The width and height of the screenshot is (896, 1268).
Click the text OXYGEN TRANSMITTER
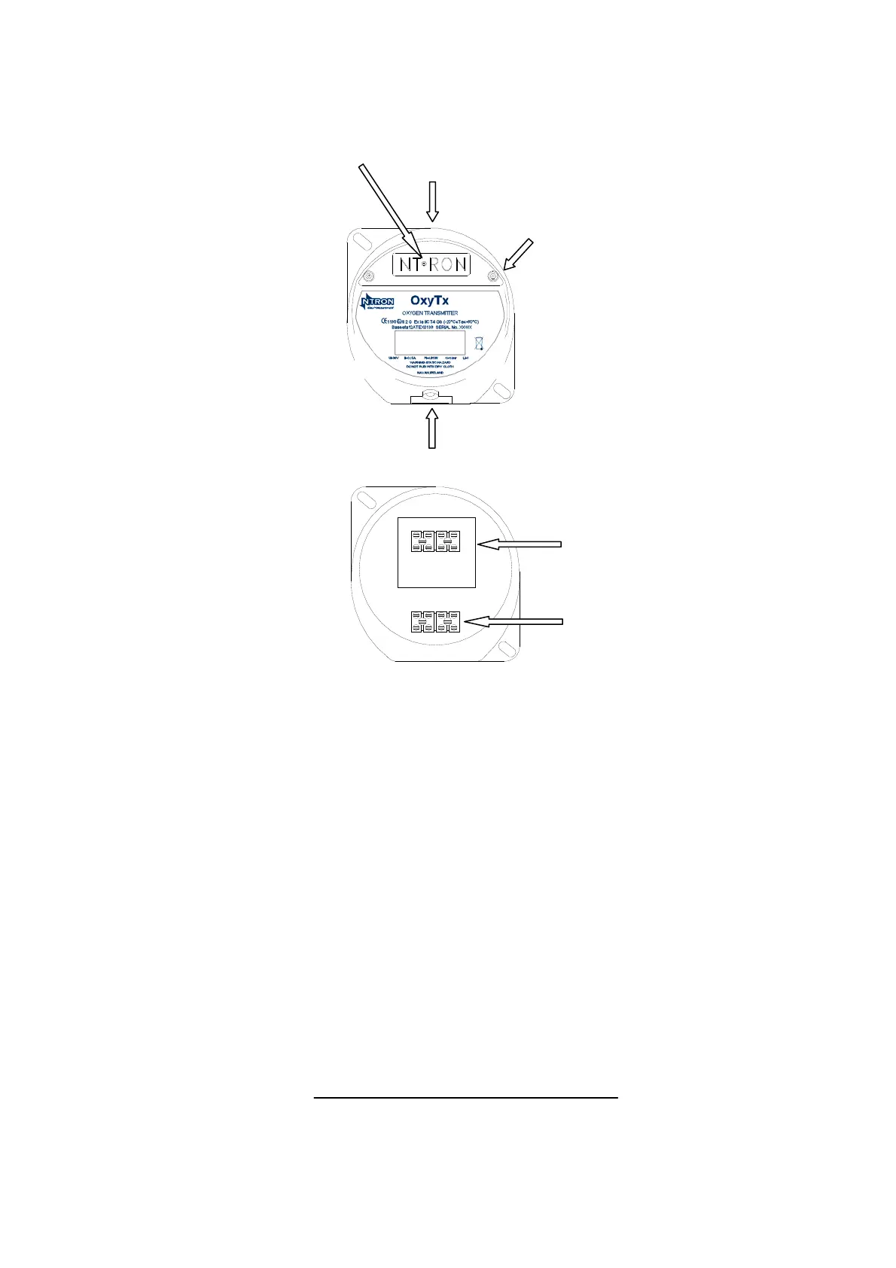430,313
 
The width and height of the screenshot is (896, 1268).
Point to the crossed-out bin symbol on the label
479,344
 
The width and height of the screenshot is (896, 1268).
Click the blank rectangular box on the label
430,343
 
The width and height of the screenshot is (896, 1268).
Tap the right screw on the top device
492,276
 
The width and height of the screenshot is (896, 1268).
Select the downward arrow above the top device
431,201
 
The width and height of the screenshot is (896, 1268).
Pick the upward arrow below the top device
431,428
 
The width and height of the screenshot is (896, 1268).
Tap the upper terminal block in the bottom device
437,541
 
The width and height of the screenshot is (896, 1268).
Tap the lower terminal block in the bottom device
437,621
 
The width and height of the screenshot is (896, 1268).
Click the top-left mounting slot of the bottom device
368,503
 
